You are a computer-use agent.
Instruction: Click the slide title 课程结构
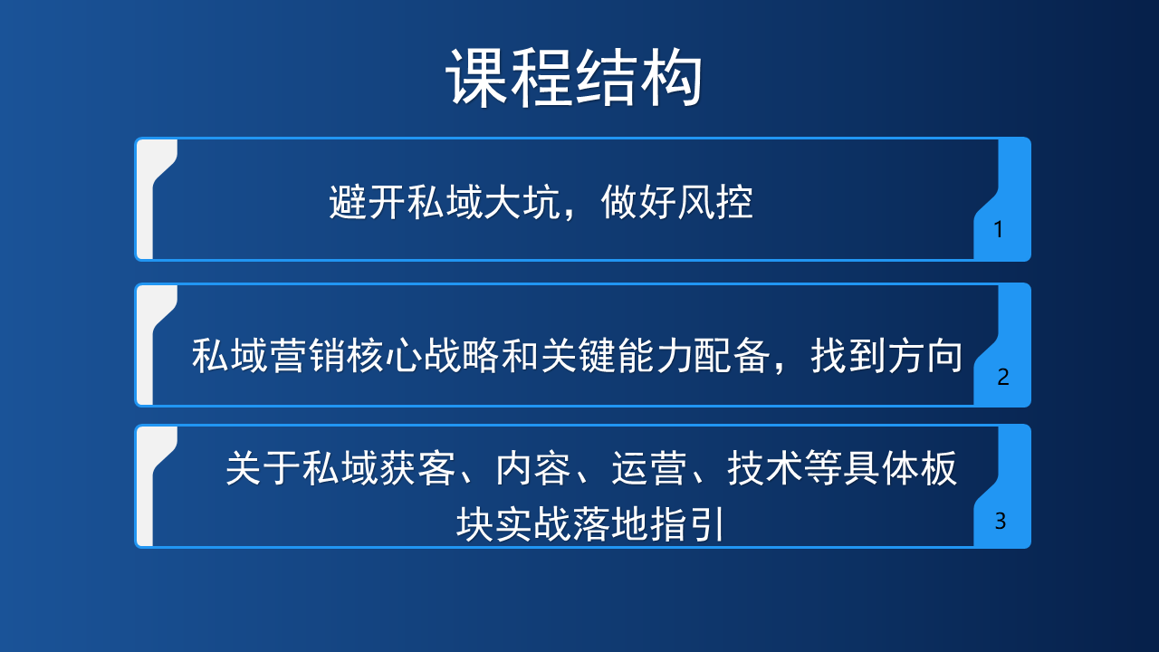click(x=574, y=78)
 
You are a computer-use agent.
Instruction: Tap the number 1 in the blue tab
click(x=999, y=229)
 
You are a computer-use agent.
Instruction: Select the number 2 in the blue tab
click(x=1002, y=377)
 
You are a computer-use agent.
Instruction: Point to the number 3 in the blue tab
click(x=1001, y=521)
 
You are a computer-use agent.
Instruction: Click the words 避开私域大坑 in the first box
click(x=445, y=202)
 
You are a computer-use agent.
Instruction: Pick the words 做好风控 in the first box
click(x=676, y=202)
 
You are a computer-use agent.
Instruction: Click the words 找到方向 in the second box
click(x=886, y=356)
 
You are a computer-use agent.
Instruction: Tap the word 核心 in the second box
click(x=385, y=356)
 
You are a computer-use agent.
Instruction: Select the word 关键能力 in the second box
click(x=617, y=356)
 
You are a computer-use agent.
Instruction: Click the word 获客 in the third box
click(x=417, y=468)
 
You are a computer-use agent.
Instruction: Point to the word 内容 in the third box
click(x=533, y=468)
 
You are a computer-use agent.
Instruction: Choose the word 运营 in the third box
click(x=649, y=468)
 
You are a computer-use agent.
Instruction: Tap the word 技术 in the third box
click(x=765, y=468)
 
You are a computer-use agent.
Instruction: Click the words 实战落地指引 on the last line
click(x=609, y=524)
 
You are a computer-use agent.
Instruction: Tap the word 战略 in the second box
click(x=462, y=356)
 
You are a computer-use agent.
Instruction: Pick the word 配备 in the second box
click(x=733, y=356)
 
